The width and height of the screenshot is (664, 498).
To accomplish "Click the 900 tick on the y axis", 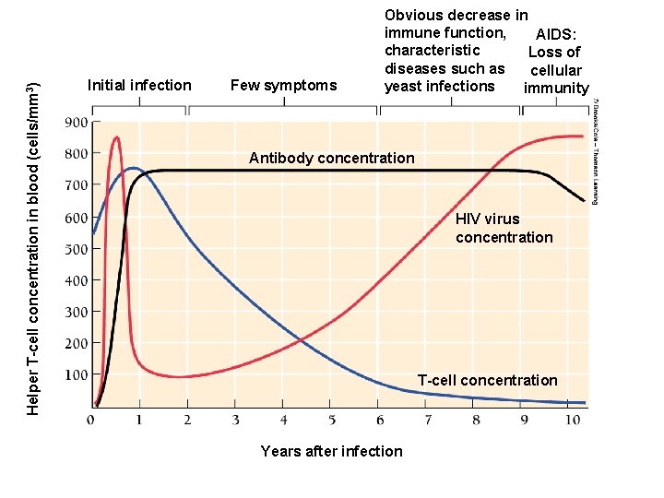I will (x=76, y=122).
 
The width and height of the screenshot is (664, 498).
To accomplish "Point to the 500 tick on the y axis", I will (x=76, y=248).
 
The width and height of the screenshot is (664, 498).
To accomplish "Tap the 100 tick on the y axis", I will (x=76, y=374).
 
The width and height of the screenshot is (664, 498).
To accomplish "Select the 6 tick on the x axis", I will (x=378, y=421).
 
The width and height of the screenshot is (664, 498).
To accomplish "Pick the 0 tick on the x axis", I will (x=90, y=421).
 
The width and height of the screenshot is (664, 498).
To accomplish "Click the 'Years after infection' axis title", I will (x=331, y=451).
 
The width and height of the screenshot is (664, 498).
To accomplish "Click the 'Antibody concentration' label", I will (x=331, y=158).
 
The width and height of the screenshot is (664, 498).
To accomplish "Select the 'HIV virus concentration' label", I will (x=504, y=228).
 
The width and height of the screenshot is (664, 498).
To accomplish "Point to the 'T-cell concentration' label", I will (x=487, y=380).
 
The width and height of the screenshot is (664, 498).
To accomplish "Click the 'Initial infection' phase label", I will (x=138, y=86).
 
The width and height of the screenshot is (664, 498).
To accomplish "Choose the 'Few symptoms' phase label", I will (x=283, y=86).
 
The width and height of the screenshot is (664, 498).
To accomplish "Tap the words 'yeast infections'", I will (x=440, y=86).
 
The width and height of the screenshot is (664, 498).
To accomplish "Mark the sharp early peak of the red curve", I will (x=116, y=138).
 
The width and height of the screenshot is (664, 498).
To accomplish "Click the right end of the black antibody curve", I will (x=583, y=200).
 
